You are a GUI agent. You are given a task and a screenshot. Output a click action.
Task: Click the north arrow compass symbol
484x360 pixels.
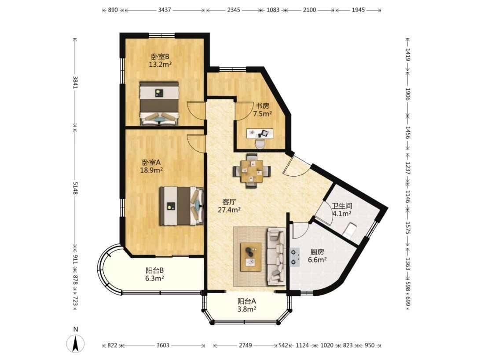pos(76,343)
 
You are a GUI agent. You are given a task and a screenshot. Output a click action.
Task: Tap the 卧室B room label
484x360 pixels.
pos(160,57)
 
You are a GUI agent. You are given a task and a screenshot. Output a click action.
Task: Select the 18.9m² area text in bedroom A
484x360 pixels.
pos(151,170)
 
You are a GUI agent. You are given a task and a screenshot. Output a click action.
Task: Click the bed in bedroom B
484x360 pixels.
pos(159,103)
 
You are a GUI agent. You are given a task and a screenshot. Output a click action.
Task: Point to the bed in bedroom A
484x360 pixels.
pos(182,206)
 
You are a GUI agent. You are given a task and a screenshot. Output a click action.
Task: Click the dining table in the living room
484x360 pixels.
pos(252,171)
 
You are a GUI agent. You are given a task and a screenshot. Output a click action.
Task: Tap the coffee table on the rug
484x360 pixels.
pos(251,257)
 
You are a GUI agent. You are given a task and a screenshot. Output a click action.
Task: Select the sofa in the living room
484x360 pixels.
pos(276,256)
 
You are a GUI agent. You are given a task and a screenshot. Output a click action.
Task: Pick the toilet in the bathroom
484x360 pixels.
pos(351,230)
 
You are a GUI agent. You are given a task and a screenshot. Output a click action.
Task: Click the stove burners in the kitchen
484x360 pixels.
pos(295,257)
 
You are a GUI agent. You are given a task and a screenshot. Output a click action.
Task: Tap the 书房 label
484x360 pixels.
pos(262,106)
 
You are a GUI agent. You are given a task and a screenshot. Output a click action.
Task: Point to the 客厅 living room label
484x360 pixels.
pos(229,202)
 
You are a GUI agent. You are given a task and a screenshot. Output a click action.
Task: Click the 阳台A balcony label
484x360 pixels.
pos(247,301)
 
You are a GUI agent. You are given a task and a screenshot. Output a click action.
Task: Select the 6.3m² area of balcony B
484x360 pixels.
pos(154,278)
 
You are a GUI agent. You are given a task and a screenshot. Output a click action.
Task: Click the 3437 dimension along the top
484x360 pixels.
pos(165,10)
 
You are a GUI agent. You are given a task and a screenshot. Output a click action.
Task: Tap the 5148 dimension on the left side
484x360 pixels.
pos(75,188)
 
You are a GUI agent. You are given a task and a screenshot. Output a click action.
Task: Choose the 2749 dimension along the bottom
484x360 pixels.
pos(246,345)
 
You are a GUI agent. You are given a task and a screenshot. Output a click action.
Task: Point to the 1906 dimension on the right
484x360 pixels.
pos(408,94)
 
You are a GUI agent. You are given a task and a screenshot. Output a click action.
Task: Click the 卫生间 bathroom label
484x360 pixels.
pos(342,206)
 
